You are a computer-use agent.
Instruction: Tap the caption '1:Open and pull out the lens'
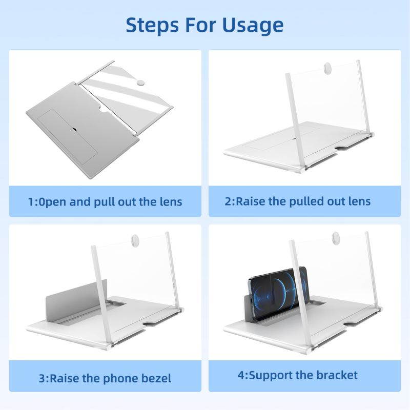click(x=105, y=201)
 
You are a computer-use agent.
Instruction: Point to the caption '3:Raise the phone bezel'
click(x=105, y=378)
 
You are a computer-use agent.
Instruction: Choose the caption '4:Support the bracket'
click(x=298, y=375)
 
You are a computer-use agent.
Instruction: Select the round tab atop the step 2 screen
click(x=327, y=67)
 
